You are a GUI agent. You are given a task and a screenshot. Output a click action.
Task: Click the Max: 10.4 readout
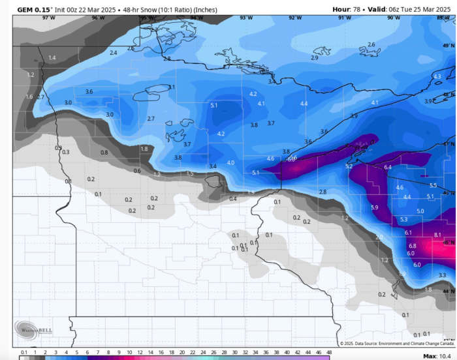438,355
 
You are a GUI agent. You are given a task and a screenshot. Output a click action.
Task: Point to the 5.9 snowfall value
374,207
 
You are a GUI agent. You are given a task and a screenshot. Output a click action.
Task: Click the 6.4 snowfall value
387,168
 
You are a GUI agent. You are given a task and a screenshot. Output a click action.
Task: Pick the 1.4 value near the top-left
52,58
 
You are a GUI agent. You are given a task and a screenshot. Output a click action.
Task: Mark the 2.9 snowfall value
314,58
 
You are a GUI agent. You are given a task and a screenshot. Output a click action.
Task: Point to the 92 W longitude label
295,18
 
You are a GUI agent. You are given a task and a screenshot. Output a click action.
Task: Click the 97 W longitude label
49,18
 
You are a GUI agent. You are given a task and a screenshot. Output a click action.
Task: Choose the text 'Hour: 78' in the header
350,9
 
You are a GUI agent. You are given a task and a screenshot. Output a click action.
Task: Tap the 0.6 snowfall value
137,171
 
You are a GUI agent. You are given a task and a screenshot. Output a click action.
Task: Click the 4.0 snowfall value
230,162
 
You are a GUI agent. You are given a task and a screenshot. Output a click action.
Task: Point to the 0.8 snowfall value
104,153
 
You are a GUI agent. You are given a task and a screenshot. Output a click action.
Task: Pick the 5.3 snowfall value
403,220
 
